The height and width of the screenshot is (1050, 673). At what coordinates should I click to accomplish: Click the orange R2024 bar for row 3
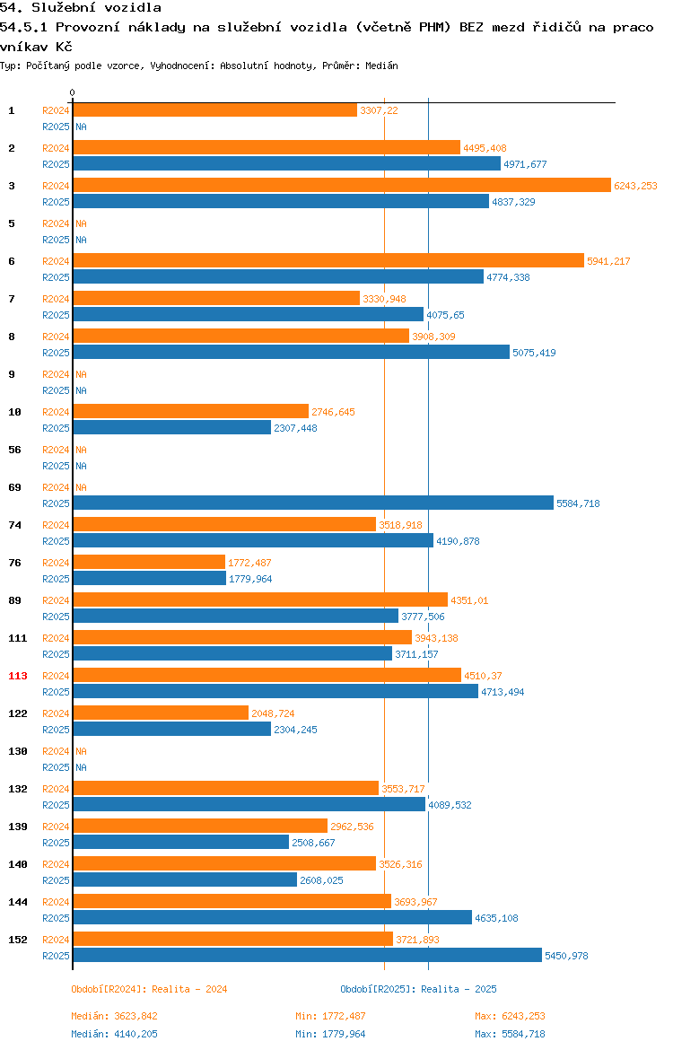(x=342, y=186)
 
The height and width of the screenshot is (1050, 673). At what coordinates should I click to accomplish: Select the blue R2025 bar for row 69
(x=313, y=503)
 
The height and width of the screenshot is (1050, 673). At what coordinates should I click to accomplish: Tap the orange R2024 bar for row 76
(x=149, y=563)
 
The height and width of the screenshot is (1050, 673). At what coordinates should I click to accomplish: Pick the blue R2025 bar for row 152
(x=308, y=956)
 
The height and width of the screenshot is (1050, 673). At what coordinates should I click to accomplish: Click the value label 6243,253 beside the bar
(x=635, y=186)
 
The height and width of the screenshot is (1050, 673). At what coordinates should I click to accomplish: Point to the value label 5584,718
(x=578, y=503)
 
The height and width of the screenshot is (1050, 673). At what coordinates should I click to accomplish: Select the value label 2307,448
(x=295, y=428)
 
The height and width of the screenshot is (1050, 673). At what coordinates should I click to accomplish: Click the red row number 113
(x=17, y=676)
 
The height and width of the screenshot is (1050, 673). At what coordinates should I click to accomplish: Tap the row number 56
(x=14, y=450)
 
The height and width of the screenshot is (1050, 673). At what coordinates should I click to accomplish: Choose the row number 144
(x=17, y=902)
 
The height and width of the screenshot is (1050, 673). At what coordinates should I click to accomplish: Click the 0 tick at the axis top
(x=73, y=93)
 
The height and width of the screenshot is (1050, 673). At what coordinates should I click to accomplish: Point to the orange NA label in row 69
(x=81, y=487)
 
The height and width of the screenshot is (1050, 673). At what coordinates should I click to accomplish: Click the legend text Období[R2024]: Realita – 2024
(x=149, y=989)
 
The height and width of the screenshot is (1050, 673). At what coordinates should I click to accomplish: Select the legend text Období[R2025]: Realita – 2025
(x=418, y=989)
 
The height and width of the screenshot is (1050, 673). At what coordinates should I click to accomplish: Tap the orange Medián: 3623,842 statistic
(x=115, y=1016)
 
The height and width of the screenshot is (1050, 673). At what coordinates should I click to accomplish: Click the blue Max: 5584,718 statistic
(x=510, y=1034)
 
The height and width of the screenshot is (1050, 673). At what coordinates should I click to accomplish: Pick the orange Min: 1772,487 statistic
(x=331, y=1016)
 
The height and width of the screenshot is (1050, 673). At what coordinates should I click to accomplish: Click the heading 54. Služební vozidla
(x=81, y=8)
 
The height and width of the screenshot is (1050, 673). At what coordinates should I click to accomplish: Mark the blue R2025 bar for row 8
(x=292, y=352)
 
